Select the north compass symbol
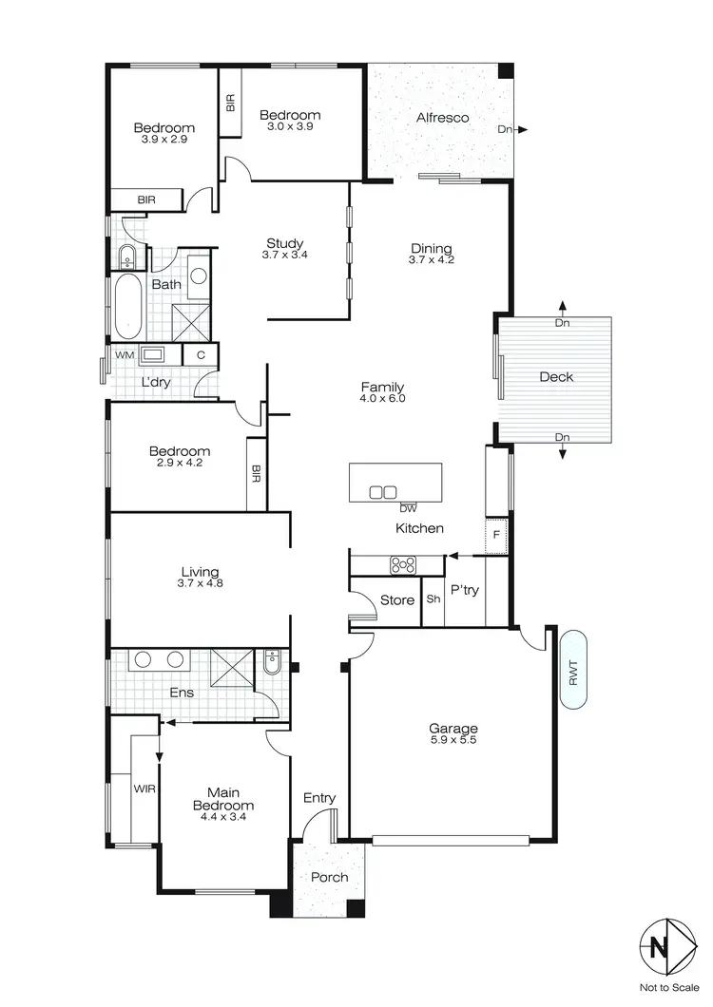tap(658, 947)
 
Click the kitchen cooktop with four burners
tap(403, 565)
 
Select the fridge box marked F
tap(495, 535)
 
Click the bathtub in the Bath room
tap(126, 306)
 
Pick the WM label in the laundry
tap(124, 354)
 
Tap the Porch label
tap(329, 877)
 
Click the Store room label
tap(396, 600)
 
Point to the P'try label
tap(465, 590)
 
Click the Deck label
tap(556, 377)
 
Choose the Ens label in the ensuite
tap(181, 693)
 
